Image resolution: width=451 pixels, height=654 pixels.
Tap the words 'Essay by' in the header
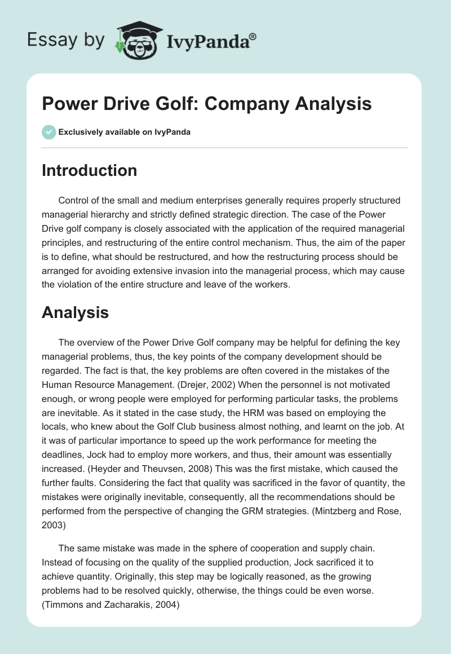[67, 40]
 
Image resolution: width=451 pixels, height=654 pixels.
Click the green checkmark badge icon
[48, 132]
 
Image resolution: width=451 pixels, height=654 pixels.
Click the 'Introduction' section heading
[89, 170]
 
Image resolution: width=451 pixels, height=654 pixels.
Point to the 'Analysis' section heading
[75, 312]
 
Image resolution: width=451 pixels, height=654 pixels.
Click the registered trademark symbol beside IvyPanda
[253, 36]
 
